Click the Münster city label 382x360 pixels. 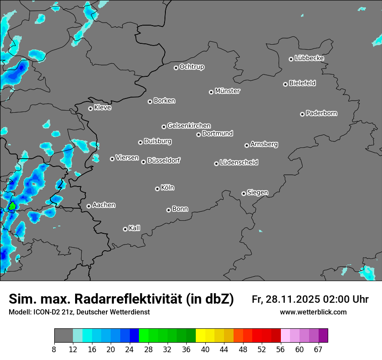pos(227,91)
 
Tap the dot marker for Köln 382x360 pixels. pos(157,189)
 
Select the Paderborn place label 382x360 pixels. pos(322,113)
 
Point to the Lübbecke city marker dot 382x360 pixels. pos(291,59)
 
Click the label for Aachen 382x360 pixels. pos(104,205)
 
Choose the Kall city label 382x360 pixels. pos(135,228)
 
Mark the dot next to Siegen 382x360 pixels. pos(244,193)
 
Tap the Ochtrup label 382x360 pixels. pos(192,67)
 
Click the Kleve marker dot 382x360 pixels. pos(90,108)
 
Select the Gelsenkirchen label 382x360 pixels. pos(189,126)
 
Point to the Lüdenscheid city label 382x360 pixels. pos(239,163)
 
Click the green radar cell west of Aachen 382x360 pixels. pos(12,206)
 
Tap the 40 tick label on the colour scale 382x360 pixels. pos(205,349)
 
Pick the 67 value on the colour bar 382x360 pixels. pos(318,349)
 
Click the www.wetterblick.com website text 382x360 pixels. pos(313,312)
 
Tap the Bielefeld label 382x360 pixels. pos(303,83)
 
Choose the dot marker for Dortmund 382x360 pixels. pos(198,134)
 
